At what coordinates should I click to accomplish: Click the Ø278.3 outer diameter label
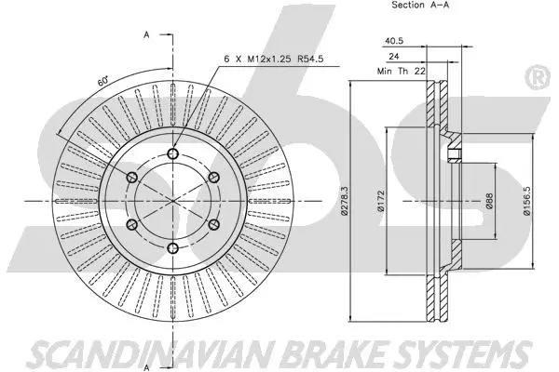[344, 201]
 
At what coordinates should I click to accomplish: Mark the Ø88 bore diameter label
[489, 202]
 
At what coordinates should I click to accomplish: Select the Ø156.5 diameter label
[526, 201]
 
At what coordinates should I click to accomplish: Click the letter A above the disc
[147, 34]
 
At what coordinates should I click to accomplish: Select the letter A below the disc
[147, 365]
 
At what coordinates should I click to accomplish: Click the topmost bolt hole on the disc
[172, 153]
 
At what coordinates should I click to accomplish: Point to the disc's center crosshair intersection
[172, 201]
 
